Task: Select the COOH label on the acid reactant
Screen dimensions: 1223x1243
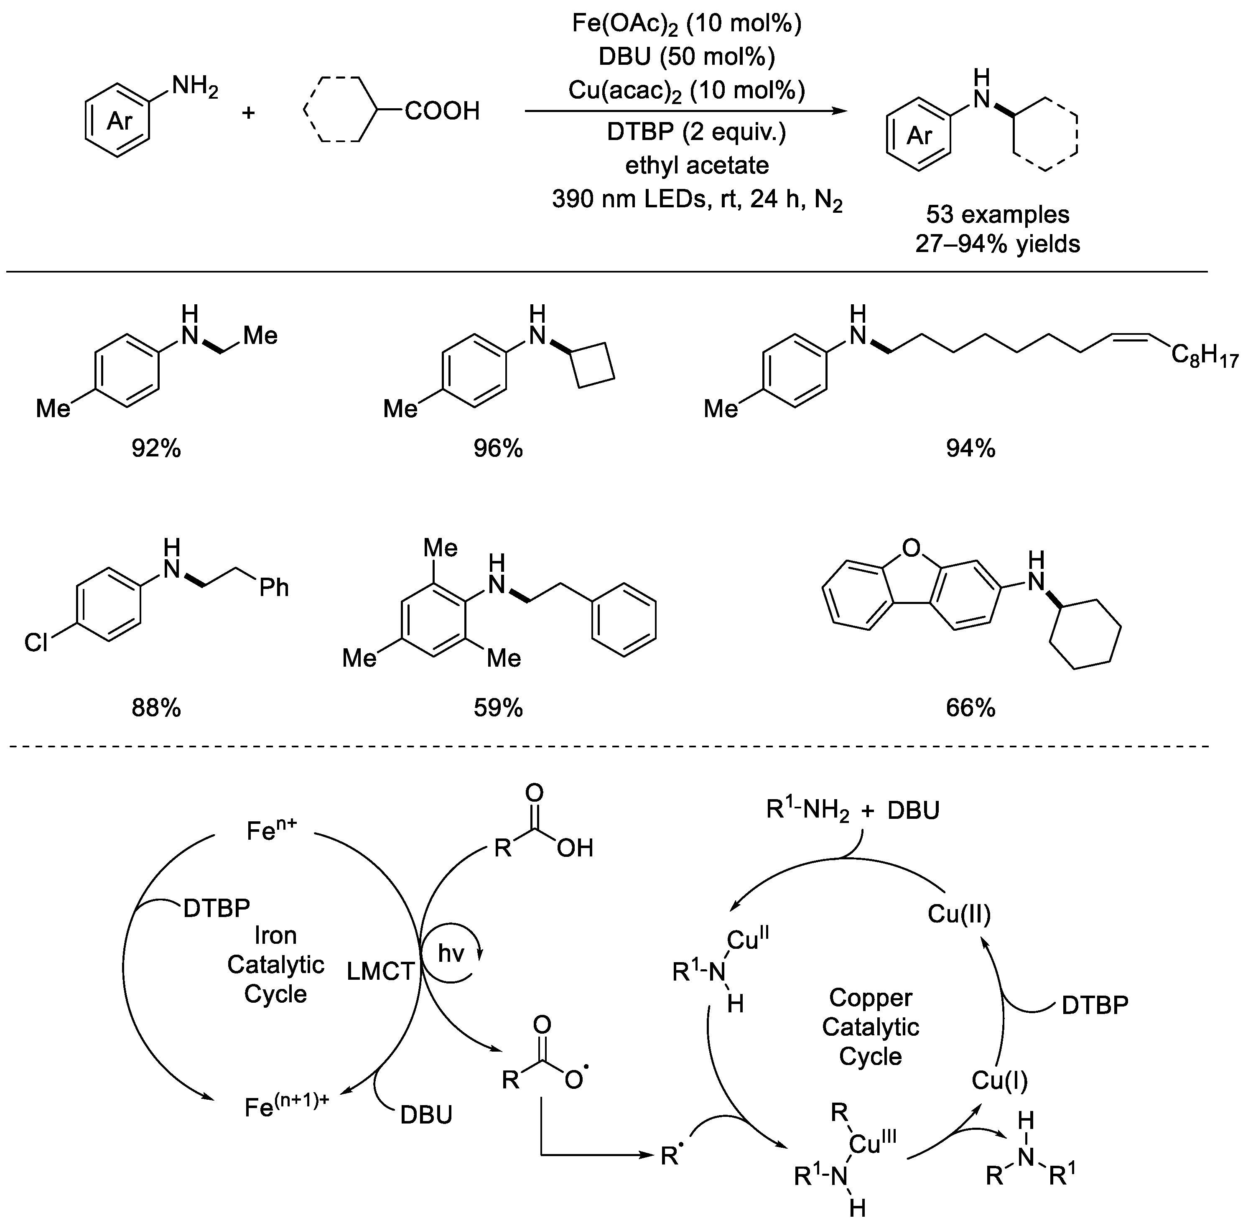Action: (x=442, y=112)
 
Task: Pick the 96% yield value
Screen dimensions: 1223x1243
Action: (x=498, y=448)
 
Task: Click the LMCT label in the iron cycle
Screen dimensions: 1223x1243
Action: (x=380, y=971)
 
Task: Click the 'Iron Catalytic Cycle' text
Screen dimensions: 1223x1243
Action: (x=275, y=964)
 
